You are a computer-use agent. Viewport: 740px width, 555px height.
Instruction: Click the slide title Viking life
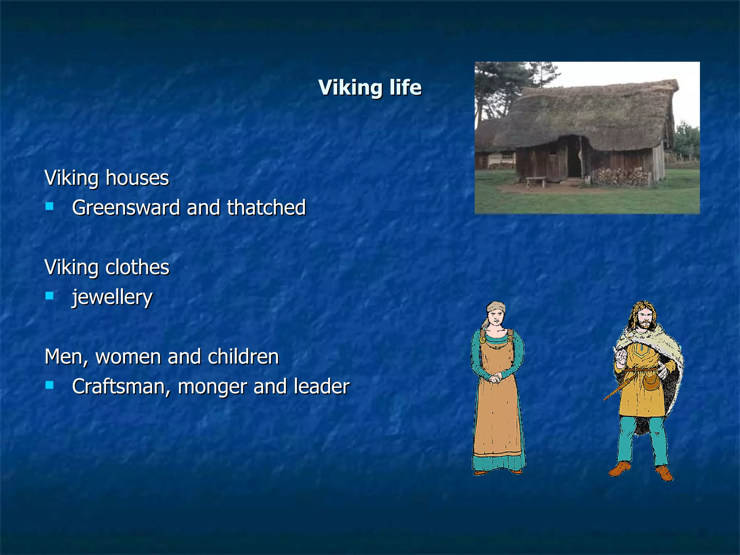(x=370, y=88)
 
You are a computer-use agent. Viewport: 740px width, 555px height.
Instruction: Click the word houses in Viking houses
(x=137, y=178)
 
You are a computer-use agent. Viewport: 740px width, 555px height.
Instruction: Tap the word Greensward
(x=126, y=208)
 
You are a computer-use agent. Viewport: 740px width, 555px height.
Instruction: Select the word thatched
(x=266, y=208)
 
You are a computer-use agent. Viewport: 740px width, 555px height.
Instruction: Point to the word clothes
(x=137, y=267)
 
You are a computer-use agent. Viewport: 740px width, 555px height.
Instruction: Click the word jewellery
(x=112, y=298)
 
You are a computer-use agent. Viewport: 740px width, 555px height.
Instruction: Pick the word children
(x=243, y=357)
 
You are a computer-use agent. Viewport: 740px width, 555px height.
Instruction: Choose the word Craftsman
(x=121, y=387)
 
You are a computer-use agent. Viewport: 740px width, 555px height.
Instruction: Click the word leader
(x=322, y=387)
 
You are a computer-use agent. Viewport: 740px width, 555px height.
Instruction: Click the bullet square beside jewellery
(x=50, y=296)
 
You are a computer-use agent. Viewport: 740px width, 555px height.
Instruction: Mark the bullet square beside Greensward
(x=50, y=206)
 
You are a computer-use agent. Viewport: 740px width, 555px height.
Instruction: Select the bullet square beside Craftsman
(x=50, y=385)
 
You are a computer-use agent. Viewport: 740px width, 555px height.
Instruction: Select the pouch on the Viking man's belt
(x=650, y=382)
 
